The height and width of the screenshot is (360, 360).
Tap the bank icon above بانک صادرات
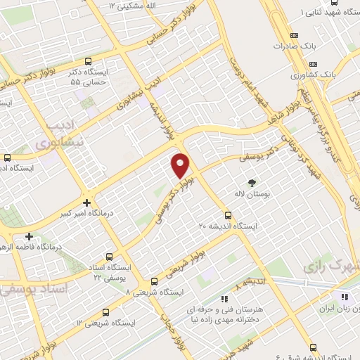click(x=294, y=36)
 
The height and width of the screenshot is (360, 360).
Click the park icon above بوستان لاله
click(x=252, y=182)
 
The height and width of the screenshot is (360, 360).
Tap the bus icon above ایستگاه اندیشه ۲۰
click(x=227, y=215)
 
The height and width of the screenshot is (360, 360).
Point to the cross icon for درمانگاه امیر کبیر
click(x=86, y=202)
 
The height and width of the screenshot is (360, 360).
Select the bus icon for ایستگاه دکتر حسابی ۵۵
click(x=88, y=61)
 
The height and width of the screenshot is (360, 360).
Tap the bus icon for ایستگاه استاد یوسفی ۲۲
click(x=108, y=257)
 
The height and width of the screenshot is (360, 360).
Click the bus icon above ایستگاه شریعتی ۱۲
click(x=105, y=312)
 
